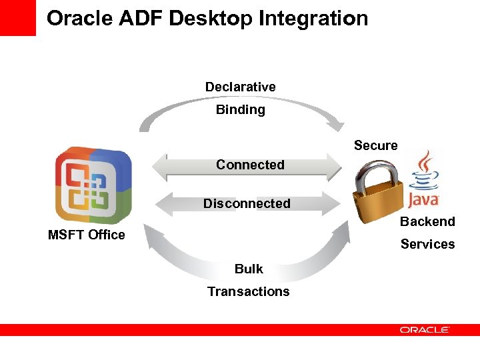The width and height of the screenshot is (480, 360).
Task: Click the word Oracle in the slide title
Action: coord(80,18)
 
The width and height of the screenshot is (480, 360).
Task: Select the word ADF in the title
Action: coord(141,18)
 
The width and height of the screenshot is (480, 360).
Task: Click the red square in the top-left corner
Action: coord(17,17)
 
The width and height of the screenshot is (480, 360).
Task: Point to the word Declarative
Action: coord(240,87)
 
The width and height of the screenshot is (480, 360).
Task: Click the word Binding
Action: coord(240,109)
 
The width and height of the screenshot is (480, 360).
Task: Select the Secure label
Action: coord(375,145)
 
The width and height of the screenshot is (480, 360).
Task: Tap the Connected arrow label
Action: coord(250,165)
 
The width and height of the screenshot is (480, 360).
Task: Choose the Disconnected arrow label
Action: coord(247,203)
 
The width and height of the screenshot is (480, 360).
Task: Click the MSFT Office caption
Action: coord(87,235)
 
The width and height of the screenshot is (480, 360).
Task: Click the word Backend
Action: coord(427,221)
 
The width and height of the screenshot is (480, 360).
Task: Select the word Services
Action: coord(427,244)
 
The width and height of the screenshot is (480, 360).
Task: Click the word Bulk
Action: coord(249,269)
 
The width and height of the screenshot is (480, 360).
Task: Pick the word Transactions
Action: coord(248,291)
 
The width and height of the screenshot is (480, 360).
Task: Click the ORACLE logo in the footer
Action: coord(425,329)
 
